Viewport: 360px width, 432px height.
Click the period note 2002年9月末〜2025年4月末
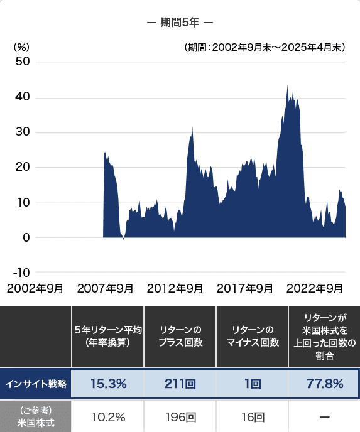(x=264, y=47)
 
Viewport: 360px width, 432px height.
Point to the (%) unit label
(x=21, y=47)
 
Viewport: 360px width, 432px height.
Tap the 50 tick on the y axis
(x=23, y=63)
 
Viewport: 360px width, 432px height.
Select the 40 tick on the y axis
(x=23, y=98)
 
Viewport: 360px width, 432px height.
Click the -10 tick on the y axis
(x=21, y=273)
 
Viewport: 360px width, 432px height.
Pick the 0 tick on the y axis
(x=26, y=237)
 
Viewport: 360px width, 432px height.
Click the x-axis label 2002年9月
(x=35, y=289)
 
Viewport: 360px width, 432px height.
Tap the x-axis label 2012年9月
(x=175, y=289)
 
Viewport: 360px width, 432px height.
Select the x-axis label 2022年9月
(x=314, y=289)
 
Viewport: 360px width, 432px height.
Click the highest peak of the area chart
(x=287, y=87)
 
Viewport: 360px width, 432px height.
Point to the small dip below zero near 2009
(x=124, y=239)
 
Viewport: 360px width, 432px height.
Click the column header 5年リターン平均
(x=108, y=335)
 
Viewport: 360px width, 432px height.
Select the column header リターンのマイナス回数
(x=251, y=335)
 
